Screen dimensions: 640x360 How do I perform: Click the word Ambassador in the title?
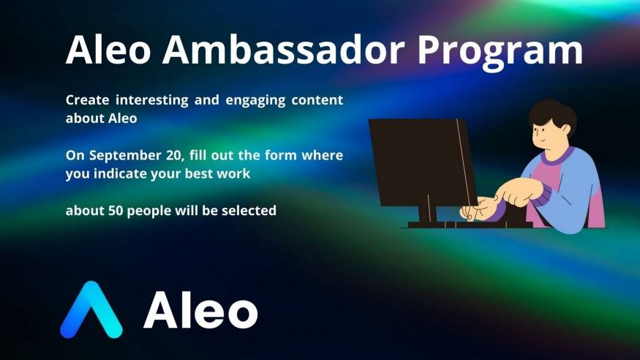(x=284, y=50)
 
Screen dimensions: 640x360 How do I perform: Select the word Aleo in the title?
(x=108, y=49)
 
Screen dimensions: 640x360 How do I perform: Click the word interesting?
(x=152, y=100)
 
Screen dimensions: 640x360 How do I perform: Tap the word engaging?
(x=255, y=101)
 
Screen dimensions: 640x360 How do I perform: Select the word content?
(x=317, y=100)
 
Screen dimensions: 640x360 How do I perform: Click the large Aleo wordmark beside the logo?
(x=200, y=310)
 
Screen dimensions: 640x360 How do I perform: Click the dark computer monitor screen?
(x=423, y=162)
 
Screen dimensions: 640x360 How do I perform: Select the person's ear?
(x=565, y=130)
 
